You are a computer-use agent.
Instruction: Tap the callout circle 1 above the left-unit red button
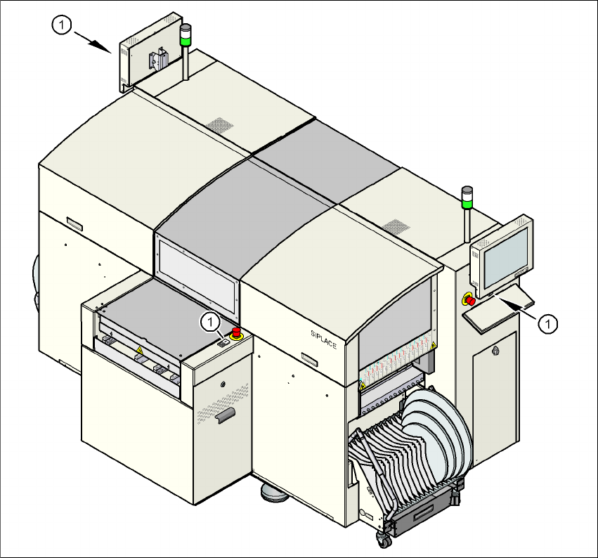pyautogui.click(x=209, y=323)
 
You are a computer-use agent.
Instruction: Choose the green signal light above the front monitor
pyautogui.click(x=467, y=205)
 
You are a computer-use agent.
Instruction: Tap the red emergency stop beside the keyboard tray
pyautogui.click(x=469, y=301)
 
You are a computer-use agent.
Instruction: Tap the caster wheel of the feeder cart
pyautogui.click(x=384, y=540)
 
